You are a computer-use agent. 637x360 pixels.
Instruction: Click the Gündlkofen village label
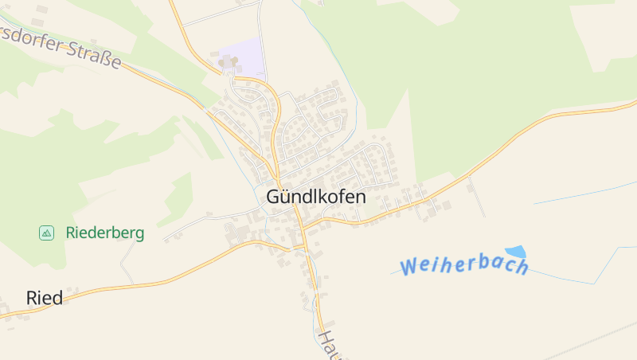[x=316, y=197]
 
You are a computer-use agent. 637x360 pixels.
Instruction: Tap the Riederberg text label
[x=105, y=233]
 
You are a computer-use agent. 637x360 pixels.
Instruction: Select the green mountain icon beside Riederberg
[x=46, y=233]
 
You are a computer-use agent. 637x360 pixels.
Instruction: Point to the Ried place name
[x=45, y=298]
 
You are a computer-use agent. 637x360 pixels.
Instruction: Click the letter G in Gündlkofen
[x=273, y=197]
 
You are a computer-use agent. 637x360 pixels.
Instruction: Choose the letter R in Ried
[x=33, y=298]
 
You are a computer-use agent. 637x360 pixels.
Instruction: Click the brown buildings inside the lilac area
[x=228, y=61]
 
